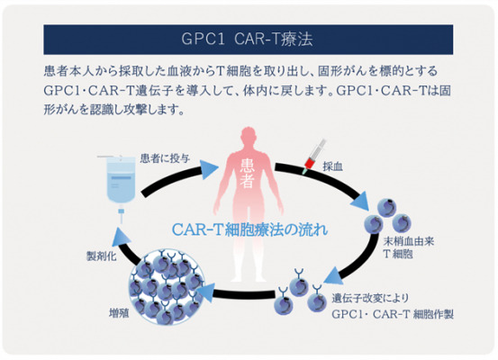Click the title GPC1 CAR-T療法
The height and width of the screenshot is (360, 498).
(247, 40)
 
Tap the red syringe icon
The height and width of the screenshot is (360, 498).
(314, 157)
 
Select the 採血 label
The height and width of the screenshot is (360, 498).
(333, 166)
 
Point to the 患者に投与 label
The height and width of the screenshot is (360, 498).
(165, 158)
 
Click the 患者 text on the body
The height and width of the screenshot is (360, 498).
(247, 174)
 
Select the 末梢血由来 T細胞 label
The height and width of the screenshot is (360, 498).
(409, 247)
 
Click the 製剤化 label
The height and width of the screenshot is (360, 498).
(102, 256)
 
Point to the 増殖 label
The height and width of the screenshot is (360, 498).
(119, 313)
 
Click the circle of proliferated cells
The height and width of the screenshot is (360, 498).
(167, 287)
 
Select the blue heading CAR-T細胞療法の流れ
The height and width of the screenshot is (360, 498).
(249, 229)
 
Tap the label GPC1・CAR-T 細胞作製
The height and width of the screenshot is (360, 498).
(393, 314)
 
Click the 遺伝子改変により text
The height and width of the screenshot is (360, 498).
(370, 298)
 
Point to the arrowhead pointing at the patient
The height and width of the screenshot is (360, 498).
(209, 169)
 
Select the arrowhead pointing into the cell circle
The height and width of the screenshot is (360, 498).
(205, 292)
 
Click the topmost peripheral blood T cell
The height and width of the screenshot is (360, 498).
(387, 208)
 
